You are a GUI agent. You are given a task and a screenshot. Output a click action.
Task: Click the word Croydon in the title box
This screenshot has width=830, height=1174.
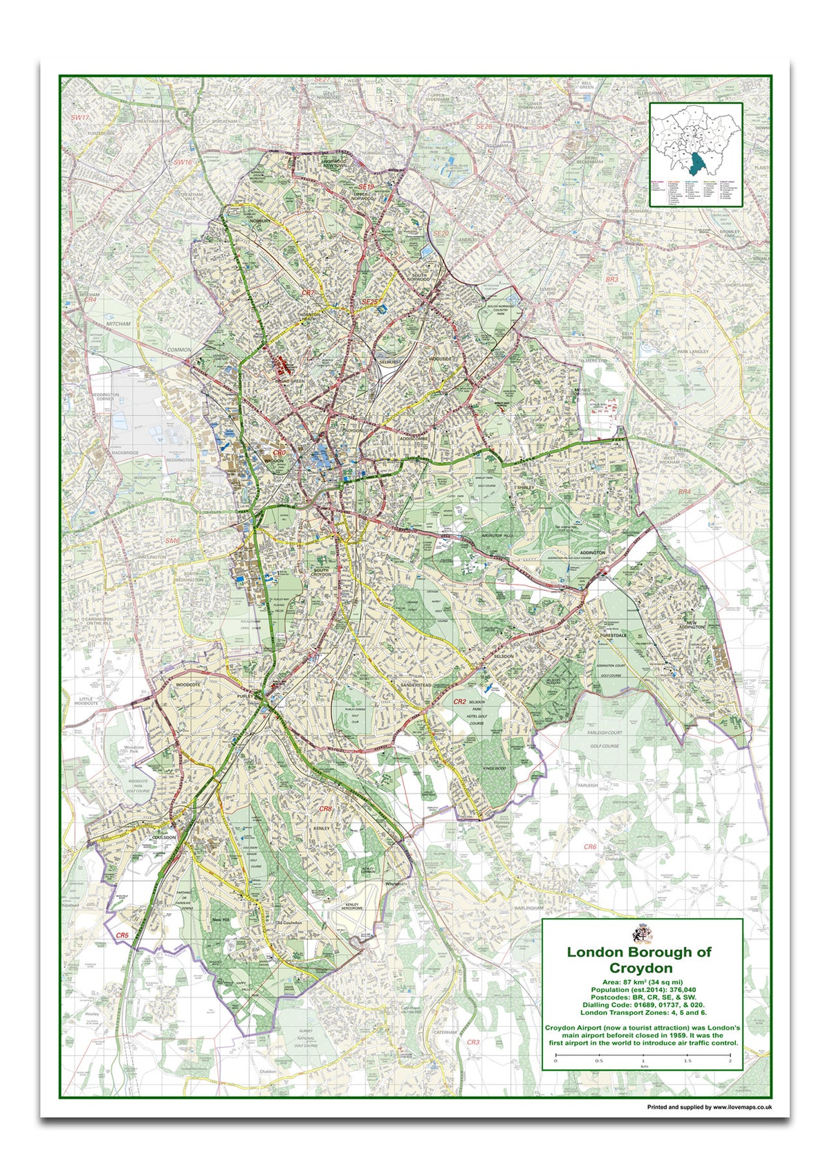640,968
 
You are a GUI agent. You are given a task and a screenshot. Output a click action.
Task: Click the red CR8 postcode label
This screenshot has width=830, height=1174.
325,809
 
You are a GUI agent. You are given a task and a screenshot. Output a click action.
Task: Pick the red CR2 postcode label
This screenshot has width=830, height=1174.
459,701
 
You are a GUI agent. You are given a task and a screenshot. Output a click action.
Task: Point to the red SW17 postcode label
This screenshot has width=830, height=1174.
80,118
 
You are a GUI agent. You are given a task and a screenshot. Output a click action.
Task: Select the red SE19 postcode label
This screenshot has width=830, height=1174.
366,187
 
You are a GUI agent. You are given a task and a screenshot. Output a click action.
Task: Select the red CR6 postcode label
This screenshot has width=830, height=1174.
589,847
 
